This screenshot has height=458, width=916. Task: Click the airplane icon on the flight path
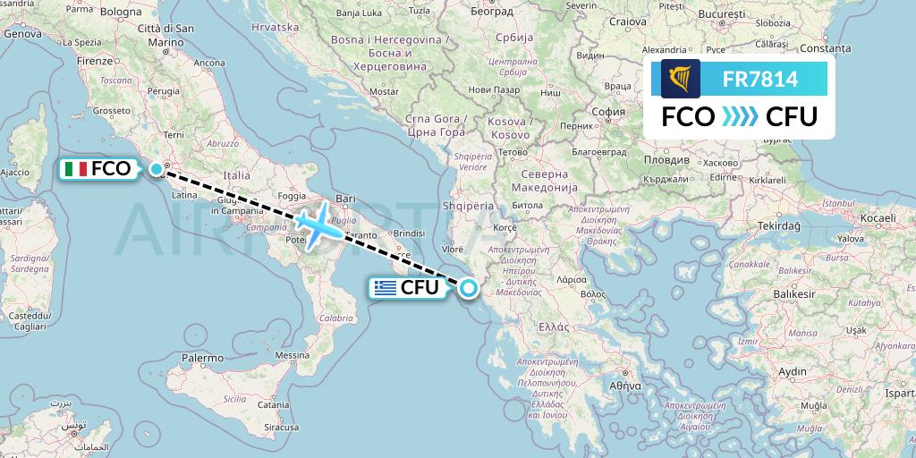318,225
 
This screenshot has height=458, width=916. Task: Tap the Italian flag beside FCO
77,168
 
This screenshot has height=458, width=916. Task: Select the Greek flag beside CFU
386,288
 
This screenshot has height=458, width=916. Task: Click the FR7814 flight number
760,79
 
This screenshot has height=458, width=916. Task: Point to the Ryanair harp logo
681,79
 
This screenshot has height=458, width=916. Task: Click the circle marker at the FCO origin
157,168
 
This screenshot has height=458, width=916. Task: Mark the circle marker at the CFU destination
467,287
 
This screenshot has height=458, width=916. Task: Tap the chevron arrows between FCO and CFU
740,117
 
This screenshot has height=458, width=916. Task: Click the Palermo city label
202,358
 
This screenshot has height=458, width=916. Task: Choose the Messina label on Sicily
291,355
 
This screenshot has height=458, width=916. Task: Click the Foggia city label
293,195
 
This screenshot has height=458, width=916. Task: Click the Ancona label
209,63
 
